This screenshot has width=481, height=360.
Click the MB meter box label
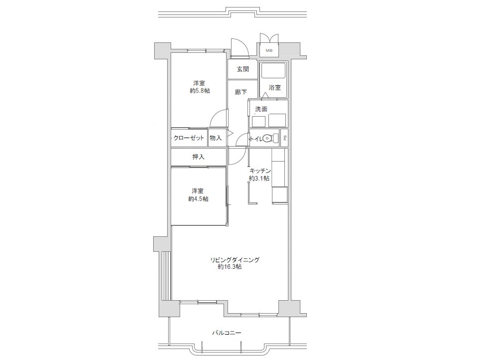click(x=269, y=50)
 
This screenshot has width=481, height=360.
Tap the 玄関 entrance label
click(x=242, y=69)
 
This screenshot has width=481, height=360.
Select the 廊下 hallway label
click(x=241, y=92)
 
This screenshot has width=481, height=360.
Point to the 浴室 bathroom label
click(x=274, y=88)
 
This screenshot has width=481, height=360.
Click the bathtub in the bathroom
click(x=273, y=70)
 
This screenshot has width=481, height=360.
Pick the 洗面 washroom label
click(x=261, y=109)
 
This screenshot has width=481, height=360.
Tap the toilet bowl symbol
click(x=267, y=138)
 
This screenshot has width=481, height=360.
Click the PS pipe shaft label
click(x=285, y=138)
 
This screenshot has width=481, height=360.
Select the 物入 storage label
click(x=216, y=138)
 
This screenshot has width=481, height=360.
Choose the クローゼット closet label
click(x=189, y=138)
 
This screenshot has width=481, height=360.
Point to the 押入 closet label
click(x=198, y=157)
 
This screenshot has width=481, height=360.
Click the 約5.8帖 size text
click(x=200, y=91)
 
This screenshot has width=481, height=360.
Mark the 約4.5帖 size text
click(x=198, y=199)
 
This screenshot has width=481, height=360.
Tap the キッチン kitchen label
click(x=259, y=171)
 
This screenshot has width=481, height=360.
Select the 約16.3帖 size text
click(x=230, y=267)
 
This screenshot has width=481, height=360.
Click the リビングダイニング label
click(x=235, y=260)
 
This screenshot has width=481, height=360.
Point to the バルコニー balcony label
click(x=227, y=333)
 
